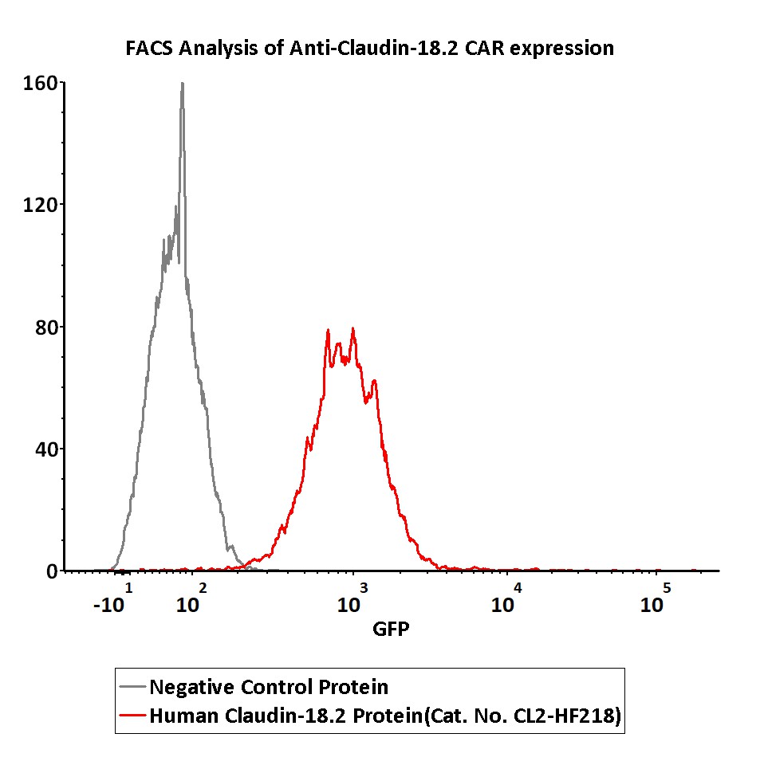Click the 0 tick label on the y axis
51,571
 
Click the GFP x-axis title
391,630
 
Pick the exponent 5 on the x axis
667,588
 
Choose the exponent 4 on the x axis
518,588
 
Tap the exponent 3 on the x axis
364,588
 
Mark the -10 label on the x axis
108,605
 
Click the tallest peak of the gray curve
182,84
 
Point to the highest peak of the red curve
352,328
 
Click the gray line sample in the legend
132,686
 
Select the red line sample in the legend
132,716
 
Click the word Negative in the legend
189,686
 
